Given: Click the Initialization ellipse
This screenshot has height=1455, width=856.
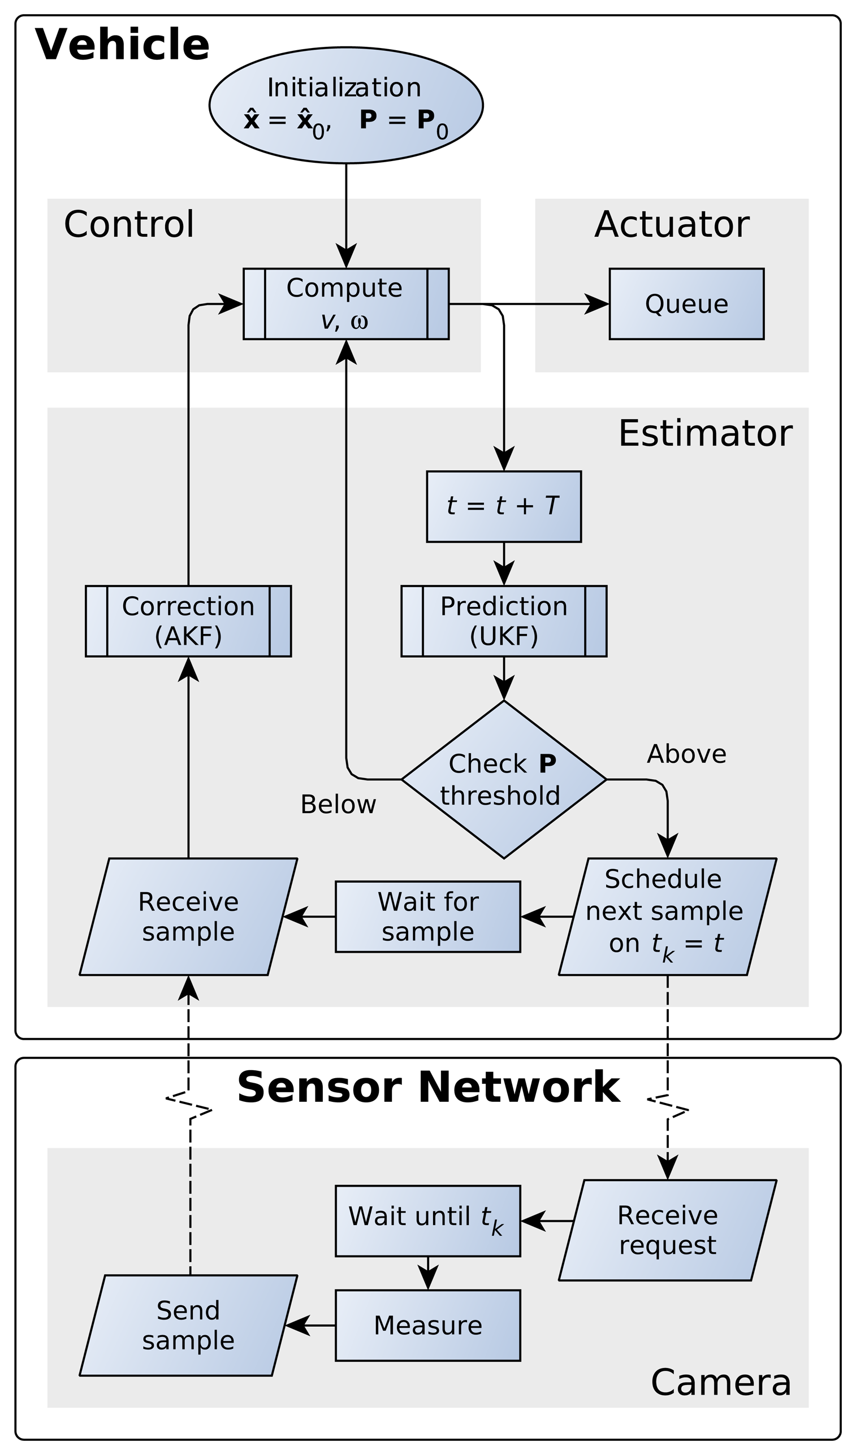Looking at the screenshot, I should pos(345,105).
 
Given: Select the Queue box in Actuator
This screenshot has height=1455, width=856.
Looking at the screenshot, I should pos(686,303).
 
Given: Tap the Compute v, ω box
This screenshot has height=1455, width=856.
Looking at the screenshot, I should pos(345,303).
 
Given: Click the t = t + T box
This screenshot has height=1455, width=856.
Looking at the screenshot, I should pos(504,506).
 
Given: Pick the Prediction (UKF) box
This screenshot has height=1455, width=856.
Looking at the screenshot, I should pos(504,621).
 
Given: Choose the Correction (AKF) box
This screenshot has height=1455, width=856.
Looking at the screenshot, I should pos(188,621).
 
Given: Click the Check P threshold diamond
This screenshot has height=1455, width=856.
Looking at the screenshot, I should pos(504,779).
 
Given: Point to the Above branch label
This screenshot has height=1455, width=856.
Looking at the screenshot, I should pos(686,754).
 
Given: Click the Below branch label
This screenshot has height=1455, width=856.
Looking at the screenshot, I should pos(338,804).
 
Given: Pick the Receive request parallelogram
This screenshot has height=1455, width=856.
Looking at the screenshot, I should pos(667,1230).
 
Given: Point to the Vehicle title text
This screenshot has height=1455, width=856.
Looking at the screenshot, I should pos(122,45).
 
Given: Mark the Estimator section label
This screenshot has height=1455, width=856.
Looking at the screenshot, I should pos(704,433).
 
